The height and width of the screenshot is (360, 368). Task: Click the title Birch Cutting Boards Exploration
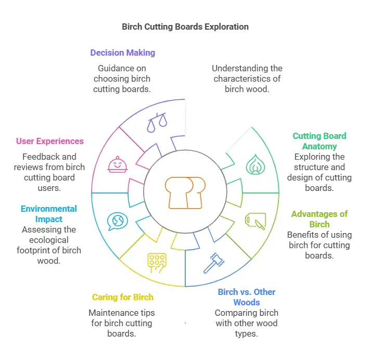coord(185,27)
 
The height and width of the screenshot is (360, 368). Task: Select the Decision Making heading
coord(123,53)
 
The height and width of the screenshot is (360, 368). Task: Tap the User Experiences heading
coord(50,141)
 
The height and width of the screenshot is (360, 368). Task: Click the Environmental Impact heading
coord(49,214)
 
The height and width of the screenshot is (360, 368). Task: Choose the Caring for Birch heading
coord(123,297)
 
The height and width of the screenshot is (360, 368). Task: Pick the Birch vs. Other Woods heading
coord(247,297)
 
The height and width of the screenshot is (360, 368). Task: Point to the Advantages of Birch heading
coord(320,219)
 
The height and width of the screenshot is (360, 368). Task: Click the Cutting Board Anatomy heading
coord(320,141)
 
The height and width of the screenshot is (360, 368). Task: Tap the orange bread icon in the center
coord(185,193)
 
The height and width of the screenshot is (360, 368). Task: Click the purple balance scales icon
coord(157,122)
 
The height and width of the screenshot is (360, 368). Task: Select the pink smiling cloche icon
coord(118,164)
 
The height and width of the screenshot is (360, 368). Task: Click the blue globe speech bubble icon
coord(117,222)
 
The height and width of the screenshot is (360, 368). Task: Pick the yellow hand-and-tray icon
coord(157,263)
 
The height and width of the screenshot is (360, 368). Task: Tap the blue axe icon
coord(214,263)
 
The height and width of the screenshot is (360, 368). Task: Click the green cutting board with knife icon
coord(256,221)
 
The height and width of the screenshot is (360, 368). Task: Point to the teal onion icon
coord(256,164)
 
